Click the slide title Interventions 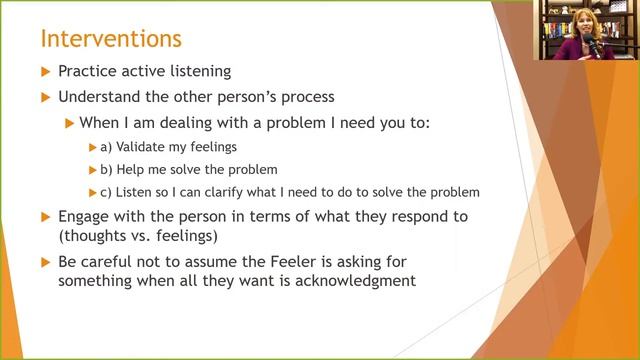coord(110,39)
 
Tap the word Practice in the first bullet coord(88,72)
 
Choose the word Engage coord(86,216)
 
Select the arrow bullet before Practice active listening coord(43,72)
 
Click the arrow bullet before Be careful coord(43,261)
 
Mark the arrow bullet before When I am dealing coord(69,123)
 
